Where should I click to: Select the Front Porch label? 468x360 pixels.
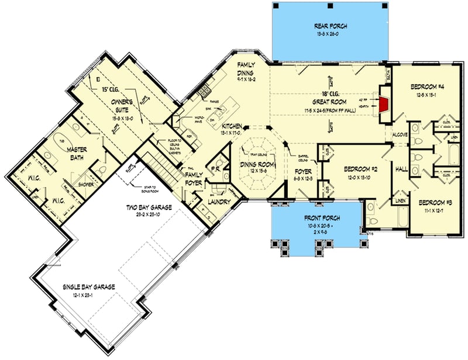317,218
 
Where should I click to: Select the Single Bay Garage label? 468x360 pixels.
91,287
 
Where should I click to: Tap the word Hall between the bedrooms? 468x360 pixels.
402,169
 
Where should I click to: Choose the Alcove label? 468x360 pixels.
400,134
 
